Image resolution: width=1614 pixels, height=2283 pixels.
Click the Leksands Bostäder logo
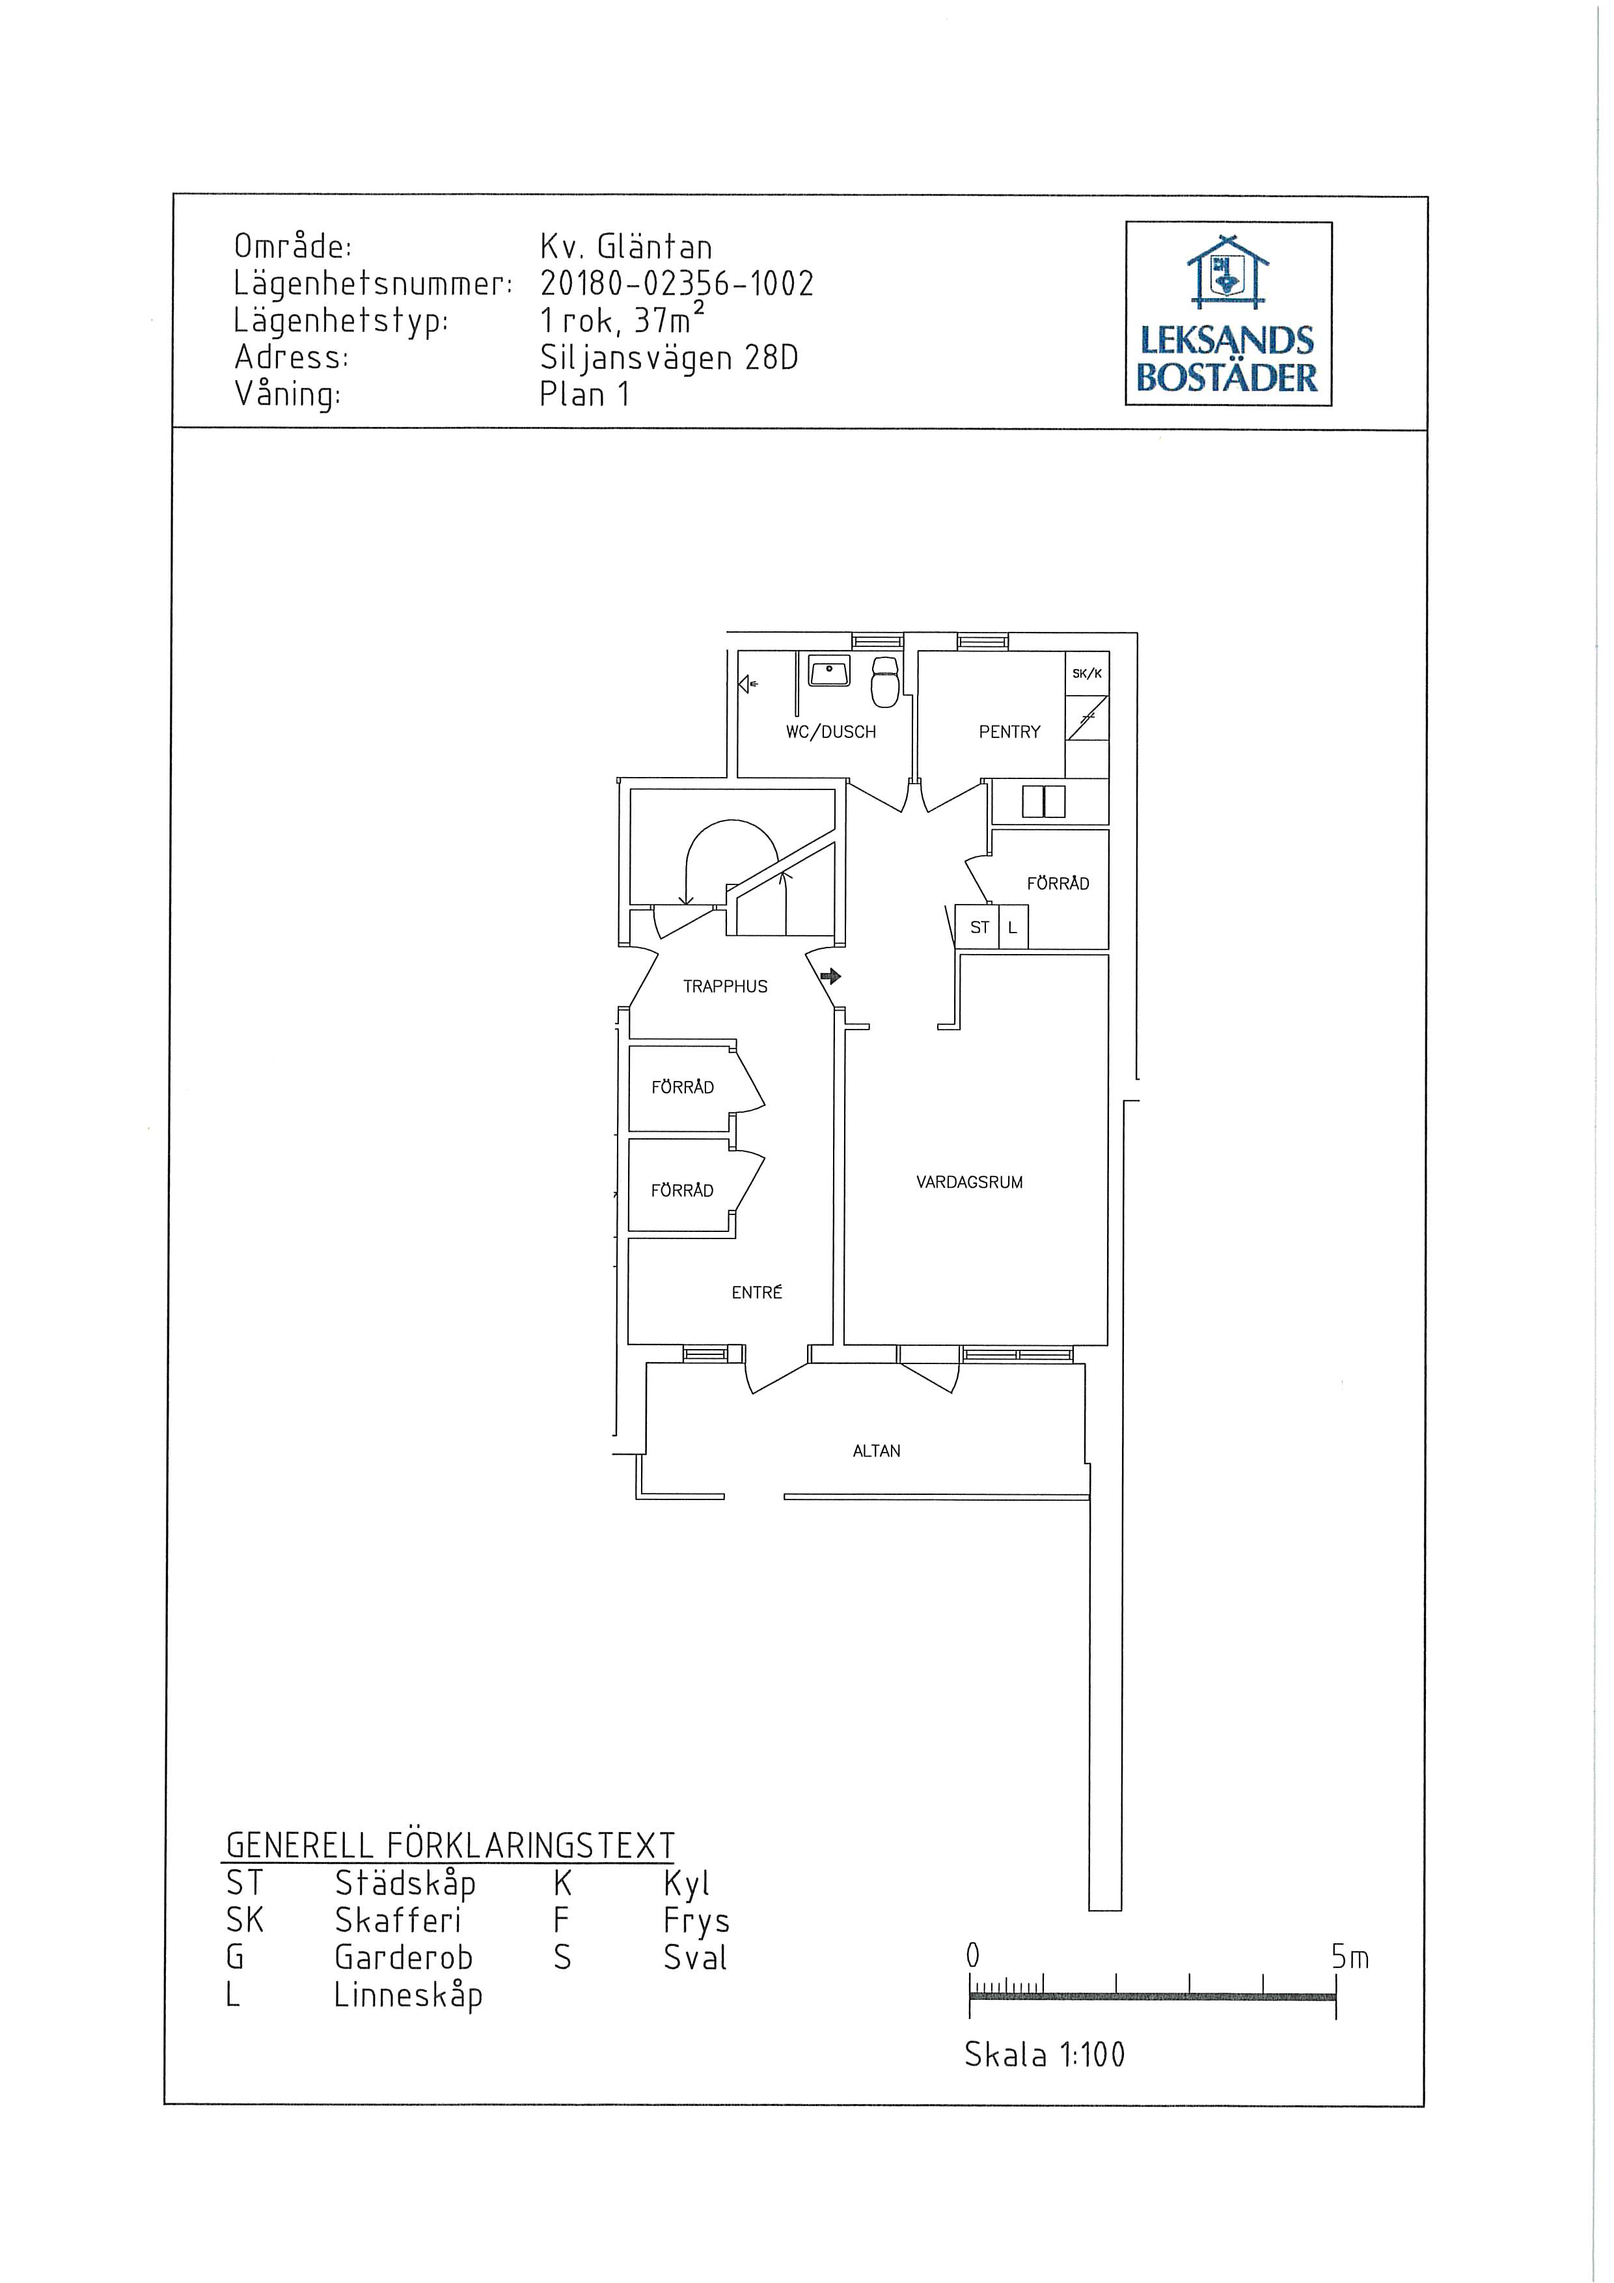pos(1228,313)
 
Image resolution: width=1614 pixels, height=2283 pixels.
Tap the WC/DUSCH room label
pos(830,732)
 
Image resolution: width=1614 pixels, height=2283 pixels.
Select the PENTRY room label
pos(1009,732)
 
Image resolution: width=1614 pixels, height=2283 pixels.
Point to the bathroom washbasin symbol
pos(828,671)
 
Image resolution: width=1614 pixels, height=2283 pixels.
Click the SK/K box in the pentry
pos(1087,673)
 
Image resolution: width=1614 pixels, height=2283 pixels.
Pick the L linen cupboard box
pos(1013,927)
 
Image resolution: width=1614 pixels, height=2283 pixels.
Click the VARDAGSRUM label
pos(970,1183)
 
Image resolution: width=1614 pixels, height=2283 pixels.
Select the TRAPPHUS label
pos(725,987)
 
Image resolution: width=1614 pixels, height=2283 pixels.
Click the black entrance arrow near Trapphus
pos(830,976)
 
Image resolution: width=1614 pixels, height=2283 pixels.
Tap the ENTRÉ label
pos(757,1292)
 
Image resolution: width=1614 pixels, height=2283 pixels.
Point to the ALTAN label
pos(876,1451)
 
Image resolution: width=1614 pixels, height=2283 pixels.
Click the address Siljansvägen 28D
pos(669,358)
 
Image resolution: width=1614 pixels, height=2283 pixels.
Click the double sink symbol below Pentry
pos(1043,801)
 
